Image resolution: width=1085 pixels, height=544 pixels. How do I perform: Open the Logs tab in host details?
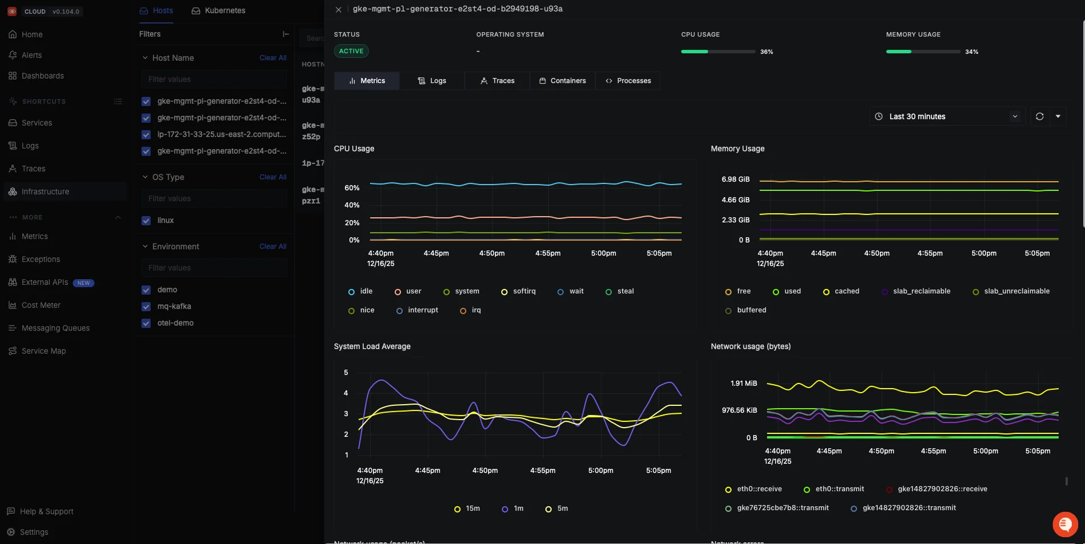[x=432, y=81]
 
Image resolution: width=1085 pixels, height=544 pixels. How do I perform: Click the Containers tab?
[x=563, y=81]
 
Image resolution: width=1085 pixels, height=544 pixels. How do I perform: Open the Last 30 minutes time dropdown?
[x=947, y=116]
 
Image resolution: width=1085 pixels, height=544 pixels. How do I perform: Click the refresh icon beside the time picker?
[x=1039, y=116]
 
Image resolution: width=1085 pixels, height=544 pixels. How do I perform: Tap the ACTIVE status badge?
[x=351, y=51]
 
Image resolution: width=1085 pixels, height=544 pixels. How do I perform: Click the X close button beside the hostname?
[x=339, y=10]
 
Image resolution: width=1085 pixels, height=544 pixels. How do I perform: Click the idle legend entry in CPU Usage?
[x=360, y=291]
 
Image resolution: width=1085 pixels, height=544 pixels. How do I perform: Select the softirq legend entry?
[x=518, y=291]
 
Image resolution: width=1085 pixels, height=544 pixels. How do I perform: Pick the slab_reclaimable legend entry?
[x=916, y=291]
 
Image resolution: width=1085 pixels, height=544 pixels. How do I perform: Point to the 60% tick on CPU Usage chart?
[x=352, y=188]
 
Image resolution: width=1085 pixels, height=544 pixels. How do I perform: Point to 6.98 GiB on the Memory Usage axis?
[x=736, y=179]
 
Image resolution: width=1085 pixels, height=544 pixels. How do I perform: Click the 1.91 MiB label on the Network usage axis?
[x=744, y=383]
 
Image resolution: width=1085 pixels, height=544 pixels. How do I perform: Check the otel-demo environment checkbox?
[x=146, y=323]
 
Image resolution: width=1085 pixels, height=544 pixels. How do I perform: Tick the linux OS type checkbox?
[x=146, y=221]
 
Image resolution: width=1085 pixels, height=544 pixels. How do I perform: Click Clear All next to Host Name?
[x=273, y=58]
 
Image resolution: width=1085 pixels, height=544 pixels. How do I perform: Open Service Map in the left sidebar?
[x=44, y=351]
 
